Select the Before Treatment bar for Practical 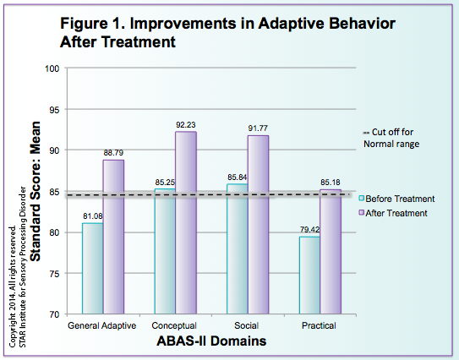(x=310, y=275)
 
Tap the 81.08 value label (x=92, y=215)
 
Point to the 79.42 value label (x=309, y=229)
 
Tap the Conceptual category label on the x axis (x=175, y=326)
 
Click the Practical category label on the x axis (x=320, y=326)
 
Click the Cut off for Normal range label (x=395, y=138)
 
